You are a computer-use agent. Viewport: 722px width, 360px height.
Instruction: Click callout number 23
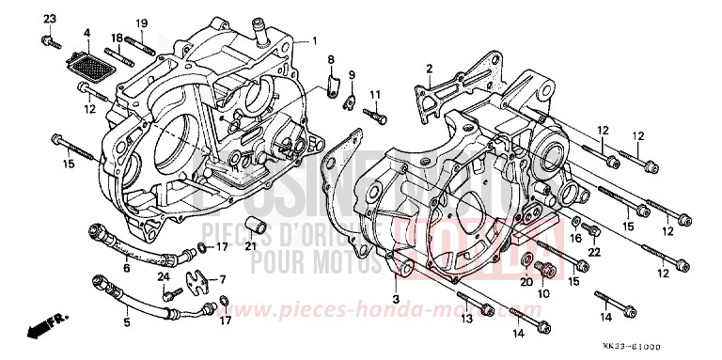coord(50,20)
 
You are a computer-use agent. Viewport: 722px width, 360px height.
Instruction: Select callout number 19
coord(143,23)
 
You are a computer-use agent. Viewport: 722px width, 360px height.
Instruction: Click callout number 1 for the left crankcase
coord(315,40)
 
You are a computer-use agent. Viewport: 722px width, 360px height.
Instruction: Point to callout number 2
coord(429,68)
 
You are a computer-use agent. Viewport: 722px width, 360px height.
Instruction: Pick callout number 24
coord(164,276)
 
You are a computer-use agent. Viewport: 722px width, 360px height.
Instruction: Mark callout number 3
coord(396,298)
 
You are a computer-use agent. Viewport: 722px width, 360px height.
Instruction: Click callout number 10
coord(543,293)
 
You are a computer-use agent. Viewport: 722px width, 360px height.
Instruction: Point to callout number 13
coord(466,319)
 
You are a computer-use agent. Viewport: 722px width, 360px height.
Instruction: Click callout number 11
coord(374,95)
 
